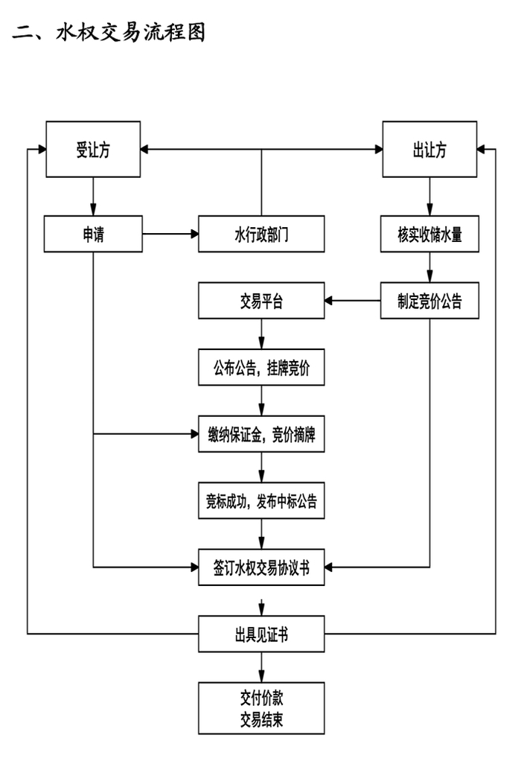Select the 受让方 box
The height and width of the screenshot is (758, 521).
[x=93, y=150]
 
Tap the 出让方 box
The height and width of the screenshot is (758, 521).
[x=429, y=150]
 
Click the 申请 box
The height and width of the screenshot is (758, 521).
[x=93, y=234]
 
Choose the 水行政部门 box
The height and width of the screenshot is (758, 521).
[x=261, y=234]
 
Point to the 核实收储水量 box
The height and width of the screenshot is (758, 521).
[x=429, y=234]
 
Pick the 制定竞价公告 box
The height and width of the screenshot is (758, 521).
[x=429, y=301]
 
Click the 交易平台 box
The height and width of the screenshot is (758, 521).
[x=261, y=301]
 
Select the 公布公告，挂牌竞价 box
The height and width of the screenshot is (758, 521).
[x=261, y=367]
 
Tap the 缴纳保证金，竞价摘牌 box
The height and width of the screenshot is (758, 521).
[x=261, y=434]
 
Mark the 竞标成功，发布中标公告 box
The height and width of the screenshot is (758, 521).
[x=261, y=500]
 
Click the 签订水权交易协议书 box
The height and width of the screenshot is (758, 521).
[x=261, y=567]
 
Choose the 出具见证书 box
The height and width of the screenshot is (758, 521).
[x=261, y=634]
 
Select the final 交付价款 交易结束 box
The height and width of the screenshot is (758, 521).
[x=261, y=708]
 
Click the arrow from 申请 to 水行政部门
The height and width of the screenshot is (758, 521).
[x=170, y=234]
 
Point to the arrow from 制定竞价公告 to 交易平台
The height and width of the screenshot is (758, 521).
[x=353, y=301]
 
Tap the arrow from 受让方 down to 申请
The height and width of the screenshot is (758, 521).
[x=93, y=197]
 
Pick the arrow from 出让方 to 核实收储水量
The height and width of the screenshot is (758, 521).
[x=429, y=197]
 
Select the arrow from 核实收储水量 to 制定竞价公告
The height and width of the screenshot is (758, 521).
[x=429, y=267]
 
